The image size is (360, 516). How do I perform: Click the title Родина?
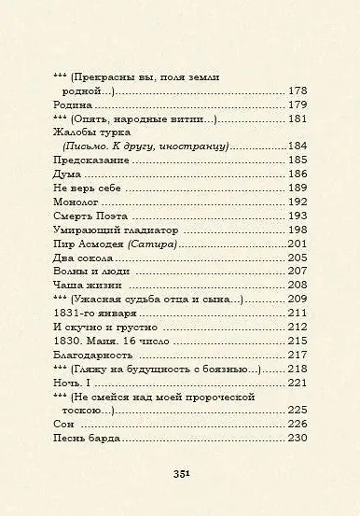pos(73,105)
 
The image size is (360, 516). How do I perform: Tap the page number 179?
pos(297,105)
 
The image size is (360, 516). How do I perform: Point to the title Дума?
pos(68,174)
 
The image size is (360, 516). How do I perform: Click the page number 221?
pos(297,383)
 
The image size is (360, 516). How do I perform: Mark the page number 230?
pos(297,438)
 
